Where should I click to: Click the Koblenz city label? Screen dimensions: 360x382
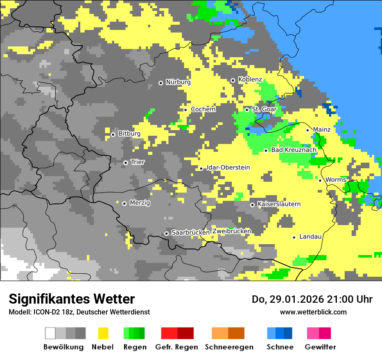click(250, 79)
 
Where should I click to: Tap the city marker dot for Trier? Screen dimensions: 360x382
click(125, 163)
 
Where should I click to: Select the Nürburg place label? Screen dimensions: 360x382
click(178, 82)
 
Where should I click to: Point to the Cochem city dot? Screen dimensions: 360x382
click(185, 110)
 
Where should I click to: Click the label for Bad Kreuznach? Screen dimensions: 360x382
click(293, 150)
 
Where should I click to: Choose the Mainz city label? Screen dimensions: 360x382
click(322, 129)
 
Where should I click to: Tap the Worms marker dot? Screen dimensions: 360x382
click(320, 180)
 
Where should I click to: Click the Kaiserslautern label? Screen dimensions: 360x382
click(279, 204)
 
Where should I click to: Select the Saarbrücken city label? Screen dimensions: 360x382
click(191, 232)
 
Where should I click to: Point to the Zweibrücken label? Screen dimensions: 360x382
click(231, 231)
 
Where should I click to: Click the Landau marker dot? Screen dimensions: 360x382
click(294, 237)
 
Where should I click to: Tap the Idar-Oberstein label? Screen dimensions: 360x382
click(228, 167)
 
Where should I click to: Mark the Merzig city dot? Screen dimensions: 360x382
click(124, 203)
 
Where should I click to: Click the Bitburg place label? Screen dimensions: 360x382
click(129, 134)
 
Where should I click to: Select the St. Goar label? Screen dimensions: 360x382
click(264, 109)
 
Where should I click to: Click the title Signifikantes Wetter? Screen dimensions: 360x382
click(72, 299)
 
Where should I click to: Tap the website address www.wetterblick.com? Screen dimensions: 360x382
click(313, 312)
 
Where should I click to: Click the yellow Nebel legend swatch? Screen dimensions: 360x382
click(103, 333)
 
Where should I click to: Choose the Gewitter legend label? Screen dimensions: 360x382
click(320, 347)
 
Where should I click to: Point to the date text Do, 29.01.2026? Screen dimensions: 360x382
click(290, 299)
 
